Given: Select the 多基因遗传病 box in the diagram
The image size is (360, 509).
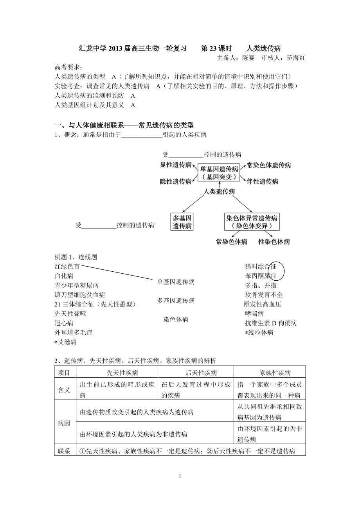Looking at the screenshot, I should click(182, 222).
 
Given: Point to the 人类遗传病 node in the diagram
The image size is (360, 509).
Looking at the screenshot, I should click(219, 192).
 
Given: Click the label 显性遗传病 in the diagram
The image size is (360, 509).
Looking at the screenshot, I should click(176, 165).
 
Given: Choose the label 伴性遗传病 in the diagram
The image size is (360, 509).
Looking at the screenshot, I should click(263, 181).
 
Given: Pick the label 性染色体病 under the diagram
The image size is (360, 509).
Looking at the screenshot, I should click(274, 242).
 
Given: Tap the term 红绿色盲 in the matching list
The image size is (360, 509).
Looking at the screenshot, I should click(67, 267).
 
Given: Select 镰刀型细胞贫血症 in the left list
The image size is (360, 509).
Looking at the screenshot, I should click(80, 295).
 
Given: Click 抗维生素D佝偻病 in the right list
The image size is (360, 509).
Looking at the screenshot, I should click(271, 323).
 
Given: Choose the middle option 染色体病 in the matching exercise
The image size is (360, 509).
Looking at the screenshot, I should click(176, 319).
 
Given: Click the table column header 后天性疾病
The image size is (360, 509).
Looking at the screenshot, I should click(196, 373).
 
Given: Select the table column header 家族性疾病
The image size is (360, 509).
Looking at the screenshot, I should click(270, 373).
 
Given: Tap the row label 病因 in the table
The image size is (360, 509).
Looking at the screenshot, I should click(64, 423).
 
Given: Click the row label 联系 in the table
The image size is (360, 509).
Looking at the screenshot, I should click(64, 451).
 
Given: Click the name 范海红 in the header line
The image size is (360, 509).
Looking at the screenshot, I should click(296, 57).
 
